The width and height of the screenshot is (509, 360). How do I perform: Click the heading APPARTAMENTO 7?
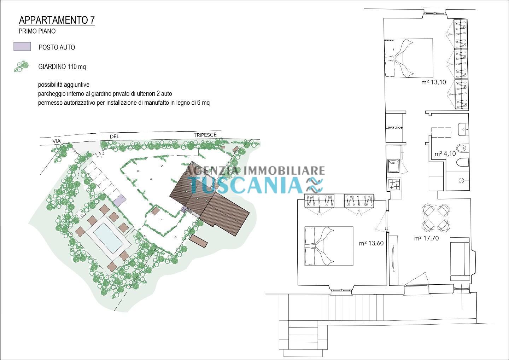[57, 20]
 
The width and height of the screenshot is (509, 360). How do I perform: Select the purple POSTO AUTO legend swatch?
[22, 47]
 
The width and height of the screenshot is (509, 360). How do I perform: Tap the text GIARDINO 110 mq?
[62, 67]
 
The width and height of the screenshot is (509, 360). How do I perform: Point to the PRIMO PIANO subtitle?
[37, 31]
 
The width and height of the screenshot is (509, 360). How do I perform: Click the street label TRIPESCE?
[205, 135]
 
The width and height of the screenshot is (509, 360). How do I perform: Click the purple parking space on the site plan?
[119, 201]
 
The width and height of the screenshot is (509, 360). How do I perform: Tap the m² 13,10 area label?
[434, 82]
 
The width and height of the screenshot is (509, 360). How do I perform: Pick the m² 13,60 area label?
[371, 243]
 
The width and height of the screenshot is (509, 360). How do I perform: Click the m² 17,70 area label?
[426, 238]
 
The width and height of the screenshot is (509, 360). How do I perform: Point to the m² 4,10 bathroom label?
[445, 154]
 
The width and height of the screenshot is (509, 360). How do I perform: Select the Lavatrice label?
[394, 128]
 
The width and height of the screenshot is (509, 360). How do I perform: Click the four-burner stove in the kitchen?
[394, 185]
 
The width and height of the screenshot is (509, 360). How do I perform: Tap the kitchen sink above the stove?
[393, 166]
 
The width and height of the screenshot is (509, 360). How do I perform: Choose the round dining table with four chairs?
[436, 217]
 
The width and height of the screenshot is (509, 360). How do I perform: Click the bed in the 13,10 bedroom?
[409, 58]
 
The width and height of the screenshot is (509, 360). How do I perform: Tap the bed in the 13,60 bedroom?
[329, 246]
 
